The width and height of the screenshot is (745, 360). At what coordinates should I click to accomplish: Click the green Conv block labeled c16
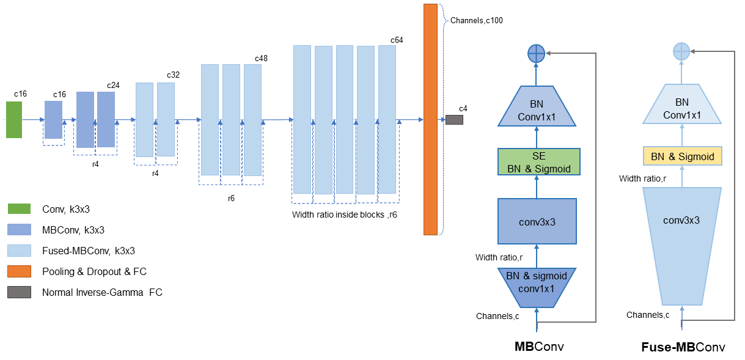tap(14, 120)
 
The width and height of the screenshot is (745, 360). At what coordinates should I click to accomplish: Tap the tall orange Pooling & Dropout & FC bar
tap(430, 119)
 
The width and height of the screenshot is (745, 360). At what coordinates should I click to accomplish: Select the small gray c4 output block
tap(454, 120)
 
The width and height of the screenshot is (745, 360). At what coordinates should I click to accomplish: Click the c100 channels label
tap(477, 20)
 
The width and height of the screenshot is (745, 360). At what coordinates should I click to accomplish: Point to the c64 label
tap(397, 40)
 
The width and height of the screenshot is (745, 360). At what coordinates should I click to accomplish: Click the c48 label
tap(262, 59)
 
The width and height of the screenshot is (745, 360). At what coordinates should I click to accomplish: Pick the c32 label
tap(174, 75)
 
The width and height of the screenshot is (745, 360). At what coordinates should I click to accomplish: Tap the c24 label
tap(113, 85)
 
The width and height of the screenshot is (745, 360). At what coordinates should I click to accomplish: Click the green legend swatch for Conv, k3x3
tap(19, 210)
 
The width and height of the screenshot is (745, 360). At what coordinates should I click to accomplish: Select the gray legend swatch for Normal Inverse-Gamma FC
tap(19, 293)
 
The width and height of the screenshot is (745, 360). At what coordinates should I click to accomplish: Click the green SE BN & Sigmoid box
tap(538, 161)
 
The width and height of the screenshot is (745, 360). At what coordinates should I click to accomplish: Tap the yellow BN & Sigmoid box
tap(682, 156)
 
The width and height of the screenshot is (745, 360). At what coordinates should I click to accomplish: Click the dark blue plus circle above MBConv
tap(536, 54)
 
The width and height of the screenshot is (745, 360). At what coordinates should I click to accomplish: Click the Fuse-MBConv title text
tap(683, 348)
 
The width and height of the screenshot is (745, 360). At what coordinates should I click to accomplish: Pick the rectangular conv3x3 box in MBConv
tap(537, 222)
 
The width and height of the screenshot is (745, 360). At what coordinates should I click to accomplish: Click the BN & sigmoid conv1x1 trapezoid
tap(536, 287)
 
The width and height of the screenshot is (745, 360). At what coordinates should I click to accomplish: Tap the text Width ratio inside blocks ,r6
tap(345, 215)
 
